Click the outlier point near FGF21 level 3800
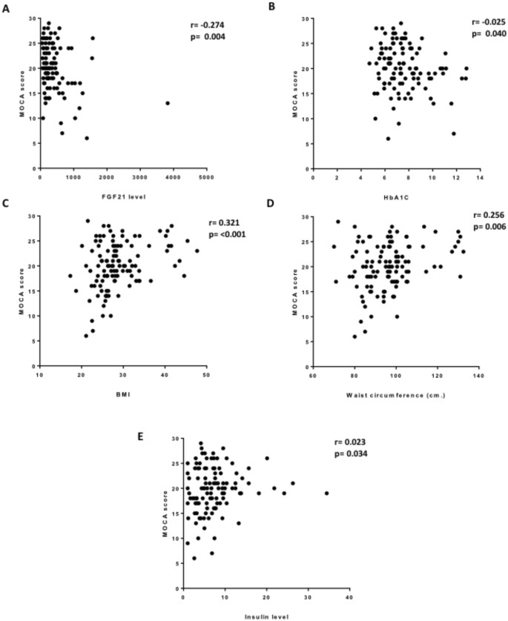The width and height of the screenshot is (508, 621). [x=168, y=103]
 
